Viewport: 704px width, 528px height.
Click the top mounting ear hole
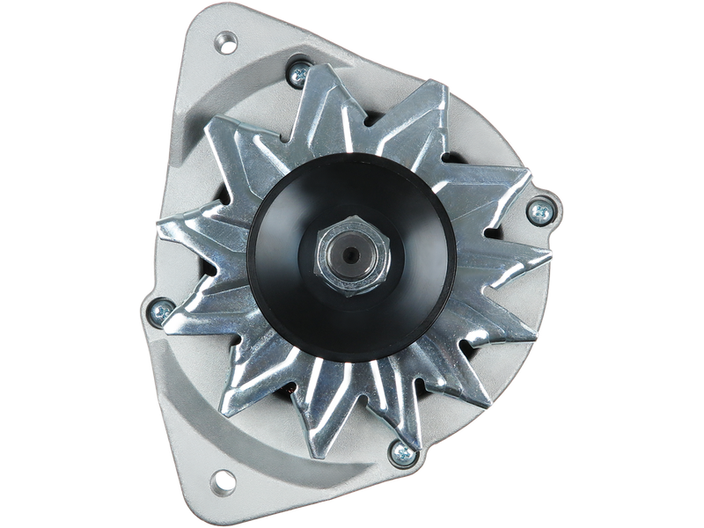[228, 40]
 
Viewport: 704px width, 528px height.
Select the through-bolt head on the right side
[536, 209]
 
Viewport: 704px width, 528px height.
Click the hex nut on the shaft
[349, 255]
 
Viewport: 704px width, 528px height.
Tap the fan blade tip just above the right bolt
[528, 176]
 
